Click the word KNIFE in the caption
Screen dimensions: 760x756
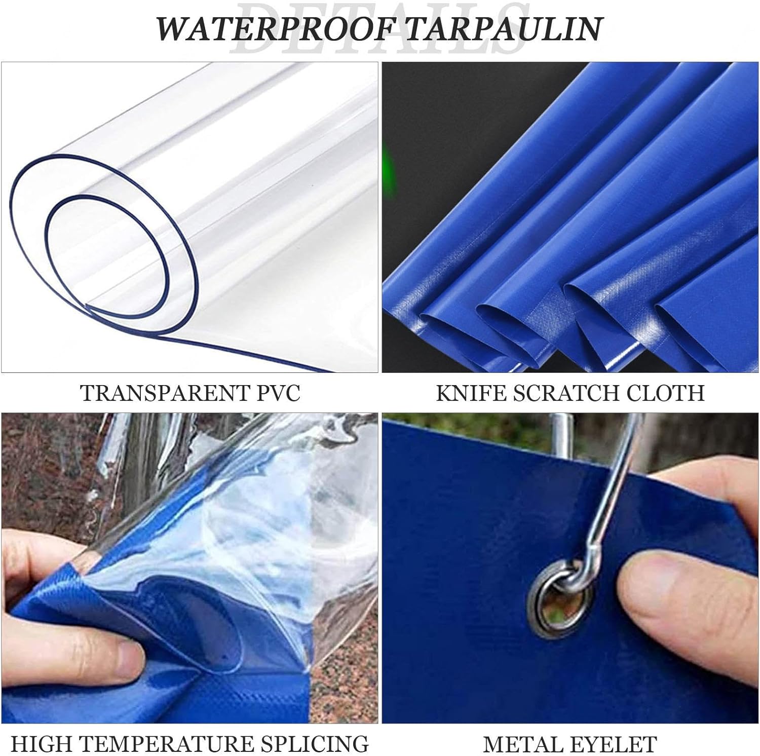click(x=473, y=393)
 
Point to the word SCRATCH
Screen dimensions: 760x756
click(x=567, y=393)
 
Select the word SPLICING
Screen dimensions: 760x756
click(x=315, y=743)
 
